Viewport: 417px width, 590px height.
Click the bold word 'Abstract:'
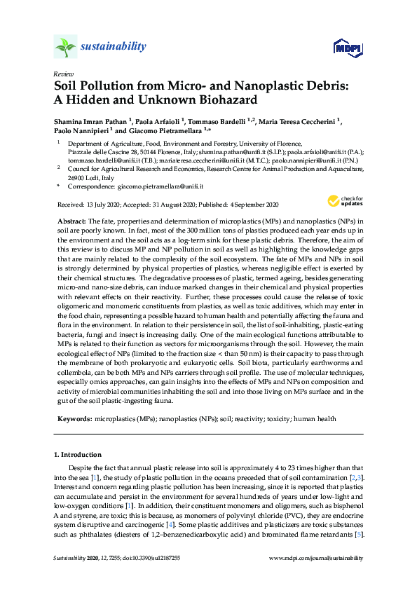tap(71, 221)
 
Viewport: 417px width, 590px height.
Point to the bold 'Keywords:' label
tap(74, 418)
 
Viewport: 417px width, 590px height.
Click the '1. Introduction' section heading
tap(78, 455)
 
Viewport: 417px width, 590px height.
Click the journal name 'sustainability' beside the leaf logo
tap(114, 47)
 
